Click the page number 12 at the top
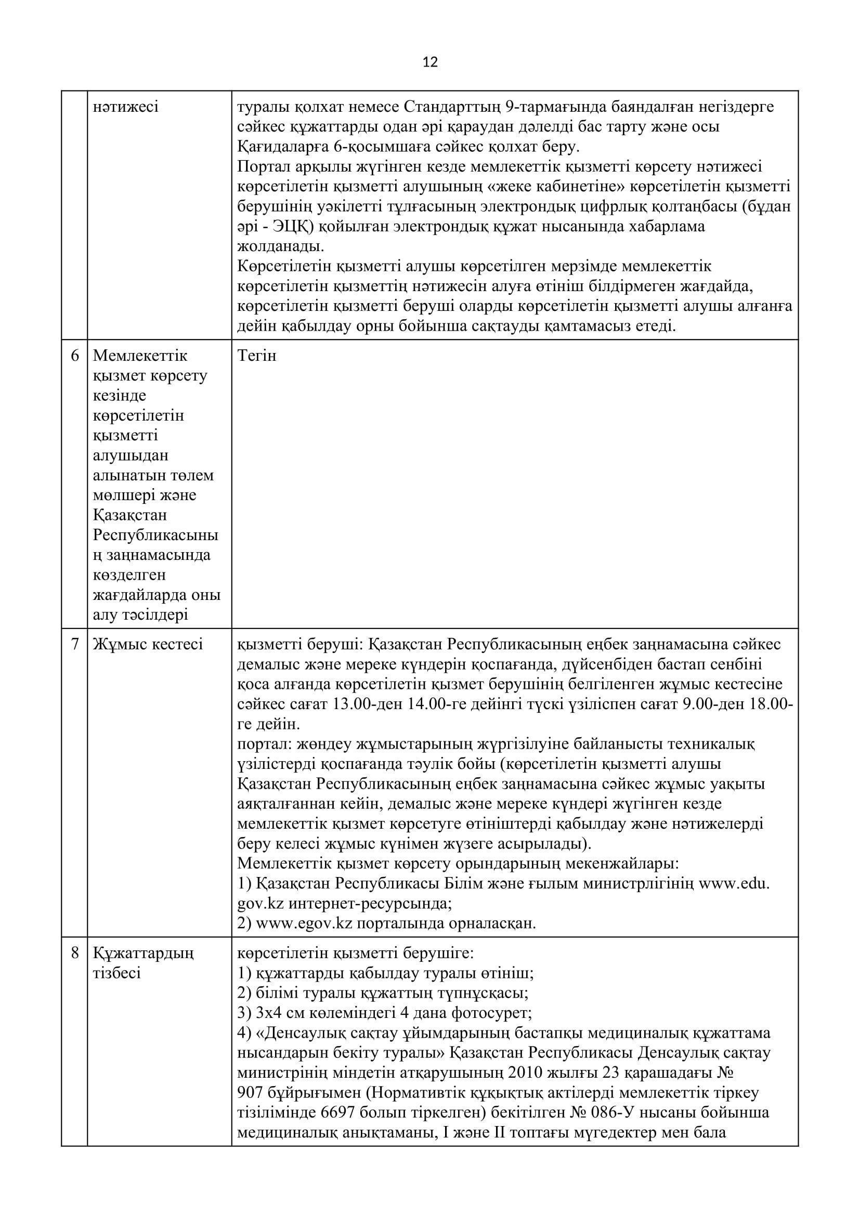(x=430, y=62)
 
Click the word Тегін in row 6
(x=257, y=356)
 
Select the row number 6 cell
(x=75, y=356)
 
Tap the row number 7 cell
(x=75, y=644)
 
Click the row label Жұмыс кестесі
(x=148, y=644)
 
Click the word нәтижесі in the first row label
(x=125, y=107)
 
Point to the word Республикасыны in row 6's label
(x=155, y=535)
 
